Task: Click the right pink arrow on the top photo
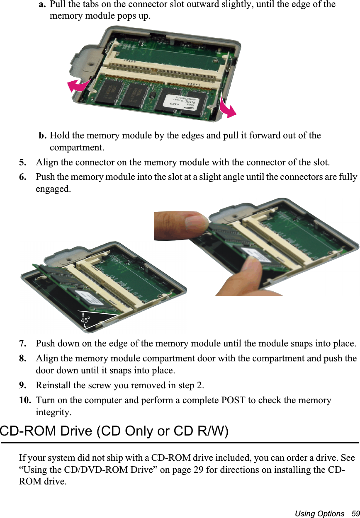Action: (x=228, y=108)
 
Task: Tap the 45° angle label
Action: (x=85, y=320)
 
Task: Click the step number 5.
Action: (x=23, y=162)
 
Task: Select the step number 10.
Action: (x=24, y=401)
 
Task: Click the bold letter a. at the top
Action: (x=42, y=5)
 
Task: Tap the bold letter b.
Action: (x=42, y=136)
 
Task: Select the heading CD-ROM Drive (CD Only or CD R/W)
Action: (x=114, y=431)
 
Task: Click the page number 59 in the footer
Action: (x=355, y=514)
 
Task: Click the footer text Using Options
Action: (x=319, y=514)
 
